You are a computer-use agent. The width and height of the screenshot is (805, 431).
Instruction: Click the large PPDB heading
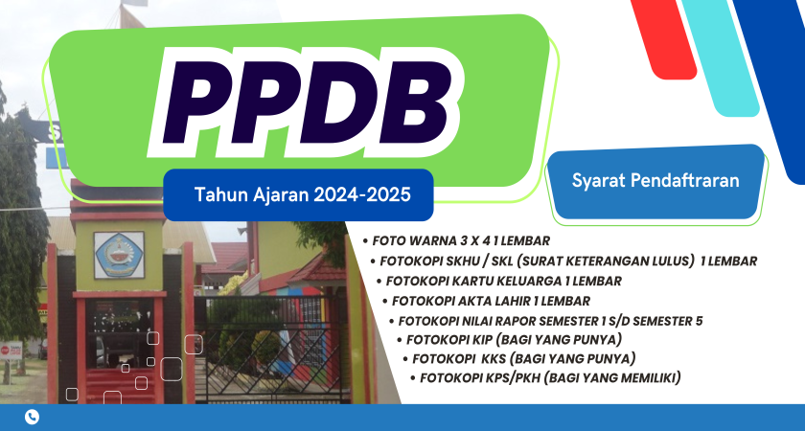[x=307, y=102]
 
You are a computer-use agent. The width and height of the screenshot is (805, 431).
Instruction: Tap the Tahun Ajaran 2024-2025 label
[x=303, y=195]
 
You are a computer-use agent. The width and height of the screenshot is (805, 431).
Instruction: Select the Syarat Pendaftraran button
[x=655, y=181]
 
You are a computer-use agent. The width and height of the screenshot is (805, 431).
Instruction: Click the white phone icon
[x=32, y=417]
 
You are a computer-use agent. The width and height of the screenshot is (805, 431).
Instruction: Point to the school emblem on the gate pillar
[x=119, y=255]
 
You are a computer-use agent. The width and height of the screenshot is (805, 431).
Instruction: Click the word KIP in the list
[x=481, y=340]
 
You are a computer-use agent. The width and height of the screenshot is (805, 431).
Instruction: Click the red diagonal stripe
[x=663, y=38]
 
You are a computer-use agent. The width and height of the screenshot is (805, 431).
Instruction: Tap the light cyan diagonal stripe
[x=721, y=57]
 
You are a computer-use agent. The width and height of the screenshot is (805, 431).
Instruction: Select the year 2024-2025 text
[x=362, y=195]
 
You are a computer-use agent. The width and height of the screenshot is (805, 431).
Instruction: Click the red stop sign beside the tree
[x=5, y=351]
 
